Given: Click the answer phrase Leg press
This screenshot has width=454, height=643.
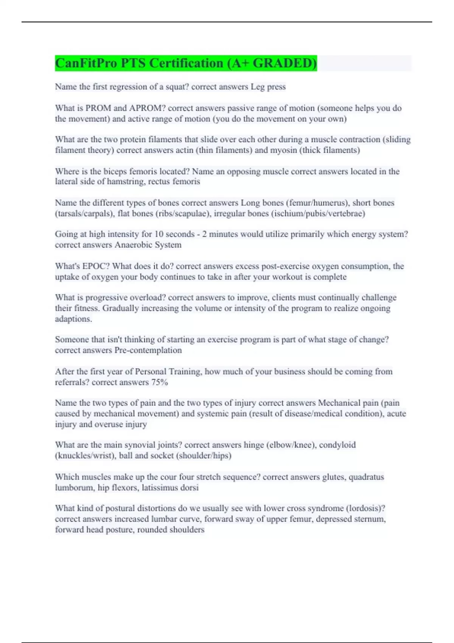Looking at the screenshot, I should pos(268,87).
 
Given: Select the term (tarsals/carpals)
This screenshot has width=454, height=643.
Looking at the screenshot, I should pos(84,214).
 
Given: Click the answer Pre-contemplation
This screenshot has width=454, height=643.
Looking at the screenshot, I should pos(148,350).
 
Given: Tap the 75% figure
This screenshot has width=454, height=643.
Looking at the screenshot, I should pos(159,382).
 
